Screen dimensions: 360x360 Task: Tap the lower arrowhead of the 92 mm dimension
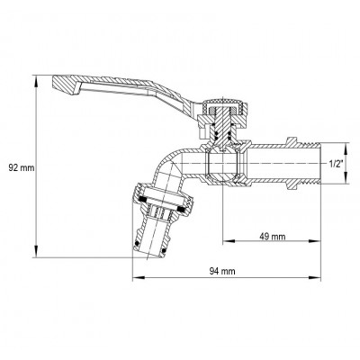(37, 255)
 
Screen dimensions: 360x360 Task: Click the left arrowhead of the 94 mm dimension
(135, 278)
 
